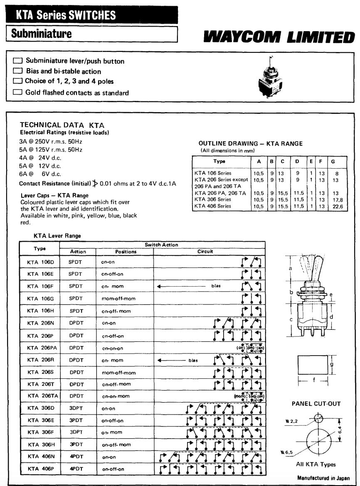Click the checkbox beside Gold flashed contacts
tap(18, 93)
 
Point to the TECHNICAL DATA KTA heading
tap(62, 125)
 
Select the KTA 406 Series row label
tap(213, 206)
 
